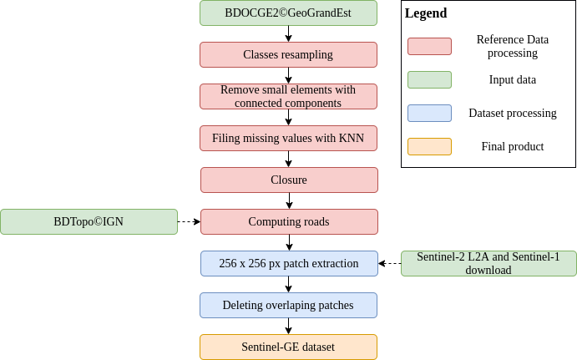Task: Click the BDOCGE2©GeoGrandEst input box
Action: pyautogui.click(x=288, y=13)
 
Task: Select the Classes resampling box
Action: pyautogui.click(x=288, y=54)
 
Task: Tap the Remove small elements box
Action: pyautogui.click(x=288, y=96)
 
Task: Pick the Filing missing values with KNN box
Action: pyautogui.click(x=288, y=138)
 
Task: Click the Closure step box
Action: pyautogui.click(x=289, y=180)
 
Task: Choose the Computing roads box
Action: pyautogui.click(x=289, y=221)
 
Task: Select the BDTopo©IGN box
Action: pyautogui.click(x=89, y=221)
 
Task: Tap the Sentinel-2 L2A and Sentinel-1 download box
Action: pyautogui.click(x=488, y=263)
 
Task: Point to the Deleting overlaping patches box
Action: pyautogui.click(x=288, y=305)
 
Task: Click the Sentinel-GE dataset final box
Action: pyautogui.click(x=288, y=347)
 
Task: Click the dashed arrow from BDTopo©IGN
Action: pyautogui.click(x=189, y=221)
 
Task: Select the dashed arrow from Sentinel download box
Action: pyautogui.click(x=389, y=263)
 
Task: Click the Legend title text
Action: pyautogui.click(x=426, y=13)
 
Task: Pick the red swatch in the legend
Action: pyautogui.click(x=429, y=46)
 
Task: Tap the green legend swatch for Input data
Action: pyautogui.click(x=429, y=79)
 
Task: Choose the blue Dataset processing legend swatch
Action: pyautogui.click(x=429, y=113)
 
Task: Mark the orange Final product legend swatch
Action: pyautogui.click(x=429, y=146)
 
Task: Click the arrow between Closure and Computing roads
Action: pyautogui.click(x=289, y=200)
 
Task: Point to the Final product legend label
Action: pyautogui.click(x=512, y=146)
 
